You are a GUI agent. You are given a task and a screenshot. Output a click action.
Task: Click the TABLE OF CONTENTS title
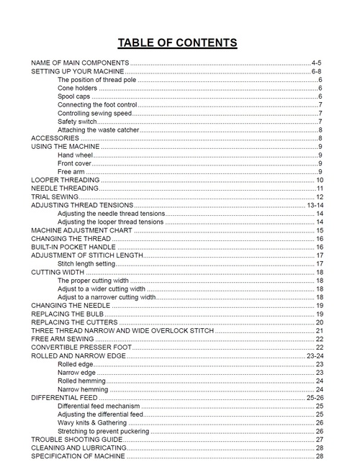pos(177,42)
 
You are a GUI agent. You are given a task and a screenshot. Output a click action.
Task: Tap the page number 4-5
pos(317,63)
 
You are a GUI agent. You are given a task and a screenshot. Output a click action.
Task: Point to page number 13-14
pos(315,205)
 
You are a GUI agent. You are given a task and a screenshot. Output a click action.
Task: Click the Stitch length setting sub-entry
pos(86,264)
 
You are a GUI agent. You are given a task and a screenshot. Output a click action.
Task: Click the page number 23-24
pos(315,355)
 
